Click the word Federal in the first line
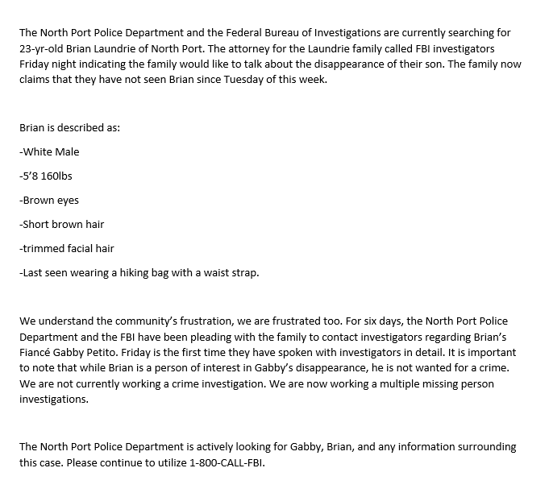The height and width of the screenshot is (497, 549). (x=227, y=33)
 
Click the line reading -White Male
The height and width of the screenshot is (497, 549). (x=50, y=151)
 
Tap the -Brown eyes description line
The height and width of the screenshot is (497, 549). (x=50, y=201)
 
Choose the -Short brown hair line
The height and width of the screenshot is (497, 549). (x=62, y=225)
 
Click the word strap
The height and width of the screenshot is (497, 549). (x=243, y=273)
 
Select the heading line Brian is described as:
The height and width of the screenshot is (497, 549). (x=69, y=127)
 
